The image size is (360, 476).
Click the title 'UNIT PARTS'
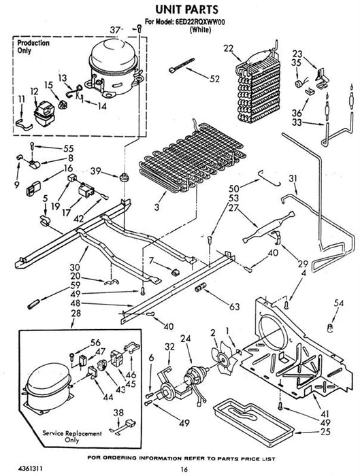coord(187,9)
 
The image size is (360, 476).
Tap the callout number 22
coord(229,48)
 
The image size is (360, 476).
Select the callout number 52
coord(214,79)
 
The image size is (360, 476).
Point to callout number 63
coord(235,307)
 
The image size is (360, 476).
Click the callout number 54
coord(339,303)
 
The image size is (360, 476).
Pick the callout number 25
coord(325,431)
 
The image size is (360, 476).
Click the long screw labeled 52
coord(182,65)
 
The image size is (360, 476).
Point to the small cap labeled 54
coord(330,328)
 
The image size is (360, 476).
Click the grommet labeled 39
coord(124,177)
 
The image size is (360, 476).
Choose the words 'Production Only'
coord(33,46)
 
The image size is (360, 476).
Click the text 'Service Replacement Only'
coord(72,437)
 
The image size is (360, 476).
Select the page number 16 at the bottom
coord(184,469)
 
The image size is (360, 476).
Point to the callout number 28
coord(76,313)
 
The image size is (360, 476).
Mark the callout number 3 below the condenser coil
coord(157,207)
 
